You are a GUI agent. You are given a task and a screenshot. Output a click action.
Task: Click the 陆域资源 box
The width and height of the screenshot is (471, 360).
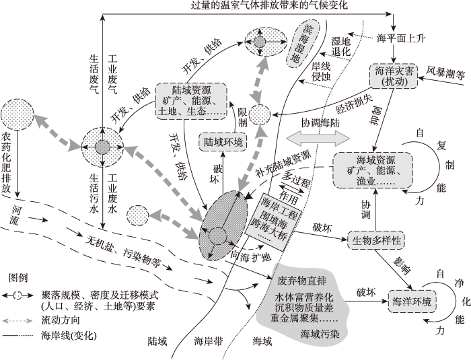pyautogui.click(x=191, y=101)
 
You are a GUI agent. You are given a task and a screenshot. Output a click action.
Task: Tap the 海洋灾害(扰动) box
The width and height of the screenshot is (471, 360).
pyautogui.click(x=393, y=76)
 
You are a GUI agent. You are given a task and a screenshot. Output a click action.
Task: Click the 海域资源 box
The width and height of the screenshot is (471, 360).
pyautogui.click(x=373, y=170)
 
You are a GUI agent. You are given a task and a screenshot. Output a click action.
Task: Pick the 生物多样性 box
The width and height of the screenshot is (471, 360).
pyautogui.click(x=376, y=240)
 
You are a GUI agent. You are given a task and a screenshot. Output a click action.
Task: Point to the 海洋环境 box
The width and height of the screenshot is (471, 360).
pyautogui.click(x=412, y=301)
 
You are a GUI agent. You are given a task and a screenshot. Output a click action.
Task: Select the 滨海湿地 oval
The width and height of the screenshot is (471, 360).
pyautogui.click(x=303, y=44)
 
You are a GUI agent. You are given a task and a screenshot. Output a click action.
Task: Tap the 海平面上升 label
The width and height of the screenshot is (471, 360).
pyautogui.click(x=401, y=38)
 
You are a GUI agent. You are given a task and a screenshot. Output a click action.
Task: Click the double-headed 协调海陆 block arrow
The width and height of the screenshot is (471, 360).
pyautogui.click(x=318, y=139)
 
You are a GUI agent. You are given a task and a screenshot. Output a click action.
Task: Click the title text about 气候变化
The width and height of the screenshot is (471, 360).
pyautogui.click(x=269, y=5)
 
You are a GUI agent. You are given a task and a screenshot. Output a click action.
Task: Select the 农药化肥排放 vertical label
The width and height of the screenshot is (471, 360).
pyautogui.click(x=6, y=163)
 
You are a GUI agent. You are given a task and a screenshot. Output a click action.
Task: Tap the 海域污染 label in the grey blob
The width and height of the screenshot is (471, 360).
pyautogui.click(x=320, y=334)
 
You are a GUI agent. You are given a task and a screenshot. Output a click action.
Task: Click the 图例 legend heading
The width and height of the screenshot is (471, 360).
pyautogui.click(x=18, y=278)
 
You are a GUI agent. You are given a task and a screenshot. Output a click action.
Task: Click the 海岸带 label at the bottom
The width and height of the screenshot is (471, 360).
pyautogui.click(x=209, y=341)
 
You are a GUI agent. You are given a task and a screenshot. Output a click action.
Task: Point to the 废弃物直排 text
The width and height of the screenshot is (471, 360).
pyautogui.click(x=301, y=281)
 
